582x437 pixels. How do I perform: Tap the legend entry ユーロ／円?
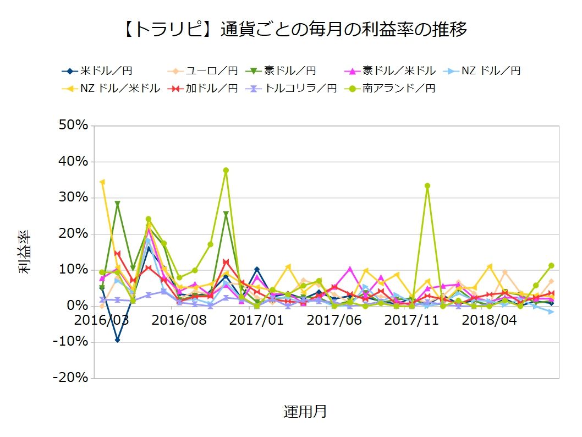point(202,70)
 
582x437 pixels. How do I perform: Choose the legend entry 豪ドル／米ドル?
point(389,70)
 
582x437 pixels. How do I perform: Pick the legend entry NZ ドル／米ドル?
point(111,89)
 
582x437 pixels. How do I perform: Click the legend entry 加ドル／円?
point(202,89)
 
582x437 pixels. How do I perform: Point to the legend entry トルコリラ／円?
point(291,89)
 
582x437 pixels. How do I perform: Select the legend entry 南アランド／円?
point(389,89)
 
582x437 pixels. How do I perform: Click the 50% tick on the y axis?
point(74,125)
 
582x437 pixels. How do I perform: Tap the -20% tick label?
point(70,378)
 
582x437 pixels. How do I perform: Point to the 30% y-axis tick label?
point(74,197)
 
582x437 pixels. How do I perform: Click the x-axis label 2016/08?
point(179,320)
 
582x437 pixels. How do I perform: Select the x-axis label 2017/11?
point(411,320)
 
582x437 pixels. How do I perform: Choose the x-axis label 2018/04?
point(489,320)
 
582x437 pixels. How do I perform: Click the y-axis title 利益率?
point(25,252)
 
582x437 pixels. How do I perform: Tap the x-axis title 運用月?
point(305,411)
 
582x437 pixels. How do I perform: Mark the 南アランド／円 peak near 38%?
point(226,171)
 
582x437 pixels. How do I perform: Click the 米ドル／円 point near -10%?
point(117,340)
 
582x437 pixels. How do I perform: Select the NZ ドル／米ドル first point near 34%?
point(102,182)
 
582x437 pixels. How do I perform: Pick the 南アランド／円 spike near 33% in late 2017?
point(427,185)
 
